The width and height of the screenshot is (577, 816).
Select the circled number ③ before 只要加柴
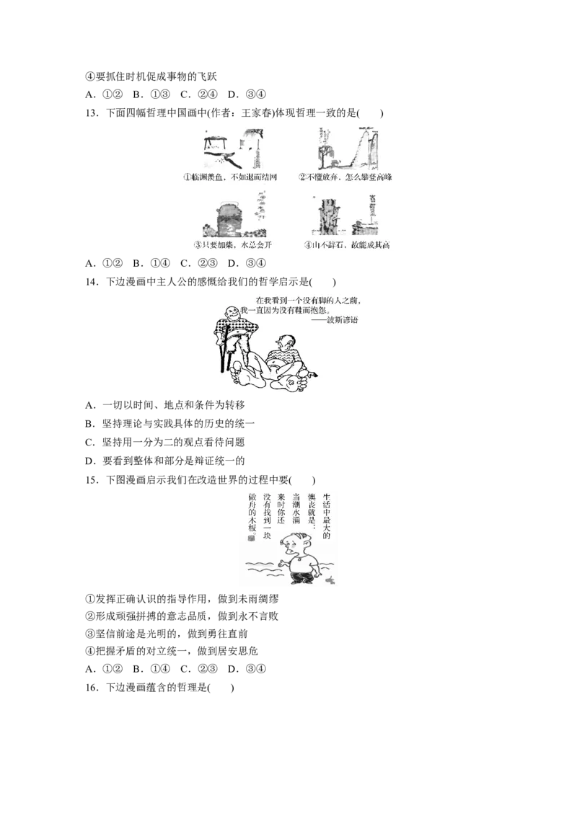coord(197,245)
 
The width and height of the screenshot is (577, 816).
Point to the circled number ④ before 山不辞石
coord(307,245)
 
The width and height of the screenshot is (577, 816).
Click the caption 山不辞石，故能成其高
coord(351,245)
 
